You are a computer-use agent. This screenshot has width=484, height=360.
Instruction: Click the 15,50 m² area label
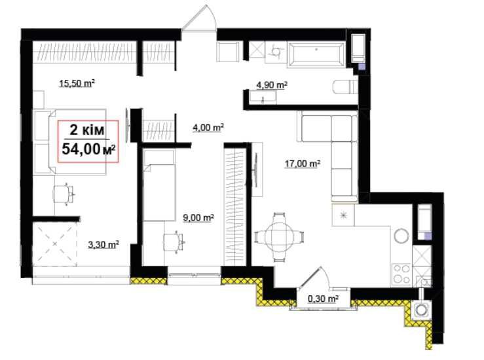tap(77, 83)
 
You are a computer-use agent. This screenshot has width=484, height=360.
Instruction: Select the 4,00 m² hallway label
tap(208, 127)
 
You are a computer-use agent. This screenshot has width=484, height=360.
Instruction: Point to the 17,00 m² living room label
tap(302, 164)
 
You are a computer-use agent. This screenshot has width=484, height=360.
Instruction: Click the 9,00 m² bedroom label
tap(199, 218)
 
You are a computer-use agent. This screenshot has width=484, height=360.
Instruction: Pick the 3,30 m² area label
tap(103, 245)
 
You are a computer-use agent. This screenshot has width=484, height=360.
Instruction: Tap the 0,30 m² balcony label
tap(323, 298)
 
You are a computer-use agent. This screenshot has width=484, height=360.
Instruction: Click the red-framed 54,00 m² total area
tap(89, 149)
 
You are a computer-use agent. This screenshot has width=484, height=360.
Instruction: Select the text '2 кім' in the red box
tap(87, 130)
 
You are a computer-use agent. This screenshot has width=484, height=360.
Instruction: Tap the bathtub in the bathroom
tap(316, 54)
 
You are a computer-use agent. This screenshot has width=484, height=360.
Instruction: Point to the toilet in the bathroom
tap(345, 87)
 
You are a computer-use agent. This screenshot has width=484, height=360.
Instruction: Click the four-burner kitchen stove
tap(401, 274)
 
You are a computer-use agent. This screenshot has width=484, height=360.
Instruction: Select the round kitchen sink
tap(401, 236)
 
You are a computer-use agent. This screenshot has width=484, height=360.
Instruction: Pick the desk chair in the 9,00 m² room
tap(173, 242)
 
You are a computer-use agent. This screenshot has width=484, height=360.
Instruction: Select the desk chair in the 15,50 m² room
tap(64, 194)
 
